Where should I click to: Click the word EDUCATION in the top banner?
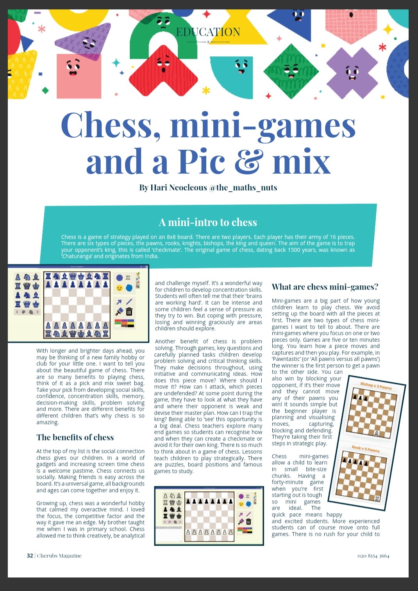[208, 32]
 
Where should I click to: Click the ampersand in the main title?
[247, 161]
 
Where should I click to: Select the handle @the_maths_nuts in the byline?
[243, 188]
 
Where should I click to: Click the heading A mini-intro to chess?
[208, 222]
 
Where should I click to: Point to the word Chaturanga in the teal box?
[76, 256]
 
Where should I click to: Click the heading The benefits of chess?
[75, 437]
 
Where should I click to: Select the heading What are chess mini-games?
[325, 287]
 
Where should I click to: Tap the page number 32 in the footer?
[30, 555]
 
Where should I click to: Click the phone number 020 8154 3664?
[373, 556]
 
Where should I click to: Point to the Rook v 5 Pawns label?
[365, 449]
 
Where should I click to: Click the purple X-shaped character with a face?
[352, 73]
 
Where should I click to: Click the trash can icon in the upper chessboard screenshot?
[129, 312]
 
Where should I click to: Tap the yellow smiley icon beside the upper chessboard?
[120, 288]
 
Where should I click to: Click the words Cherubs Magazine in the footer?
[59, 555]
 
